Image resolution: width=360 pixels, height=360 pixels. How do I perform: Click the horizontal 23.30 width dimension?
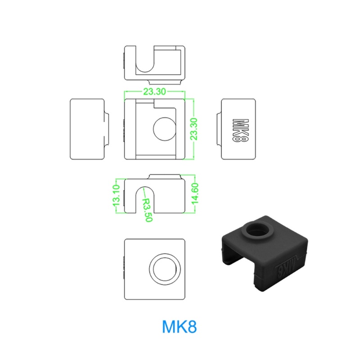pos(154,92)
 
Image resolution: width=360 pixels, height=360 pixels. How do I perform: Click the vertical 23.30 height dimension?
pos(194,129)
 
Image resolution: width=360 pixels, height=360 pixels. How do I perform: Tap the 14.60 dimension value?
pos(195,193)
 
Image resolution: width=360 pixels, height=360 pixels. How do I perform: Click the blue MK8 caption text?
pos(179,327)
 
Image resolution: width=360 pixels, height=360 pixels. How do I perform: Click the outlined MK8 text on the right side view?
pos(241,130)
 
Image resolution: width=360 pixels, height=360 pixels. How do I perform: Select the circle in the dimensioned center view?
pos(165,129)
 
